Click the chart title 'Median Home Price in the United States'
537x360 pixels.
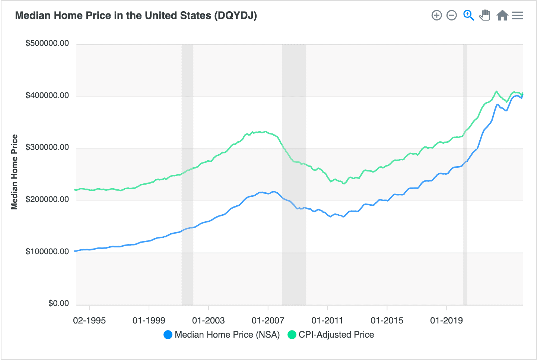(x=136, y=16)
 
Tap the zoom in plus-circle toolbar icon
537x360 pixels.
(x=436, y=15)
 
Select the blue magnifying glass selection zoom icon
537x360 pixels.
(x=468, y=15)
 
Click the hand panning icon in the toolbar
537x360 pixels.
(x=484, y=15)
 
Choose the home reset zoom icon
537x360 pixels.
(x=502, y=15)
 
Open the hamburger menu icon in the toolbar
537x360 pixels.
(x=517, y=15)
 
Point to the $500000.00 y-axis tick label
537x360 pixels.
(x=47, y=43)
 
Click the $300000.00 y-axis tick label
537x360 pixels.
(x=47, y=147)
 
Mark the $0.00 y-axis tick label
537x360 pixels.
(x=58, y=303)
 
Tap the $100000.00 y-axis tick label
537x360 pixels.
(x=47, y=252)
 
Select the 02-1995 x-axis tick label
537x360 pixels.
(x=89, y=320)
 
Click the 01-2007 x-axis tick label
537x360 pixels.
(x=268, y=320)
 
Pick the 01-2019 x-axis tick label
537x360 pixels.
(x=446, y=320)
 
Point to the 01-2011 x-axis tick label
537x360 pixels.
(x=327, y=320)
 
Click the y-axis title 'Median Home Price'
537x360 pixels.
(x=15, y=172)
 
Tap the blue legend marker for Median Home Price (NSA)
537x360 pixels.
(x=168, y=335)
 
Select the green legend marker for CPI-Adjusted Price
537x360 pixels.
(x=292, y=335)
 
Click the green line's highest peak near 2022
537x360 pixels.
(x=496, y=91)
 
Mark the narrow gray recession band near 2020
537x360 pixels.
(x=465, y=175)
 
